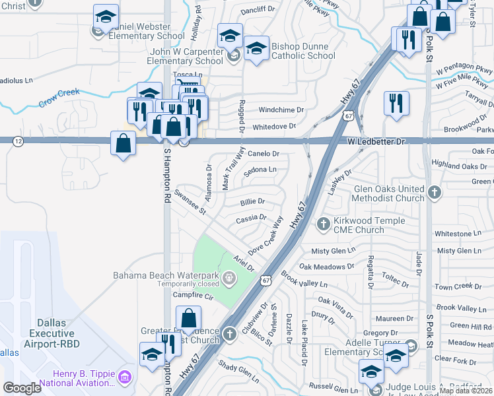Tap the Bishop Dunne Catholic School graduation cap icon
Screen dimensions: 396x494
(256, 48)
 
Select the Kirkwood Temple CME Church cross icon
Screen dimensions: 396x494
(324, 224)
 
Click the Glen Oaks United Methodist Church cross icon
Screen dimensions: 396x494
(434, 192)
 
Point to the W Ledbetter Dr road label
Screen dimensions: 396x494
(375, 141)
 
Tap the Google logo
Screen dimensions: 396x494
(22, 387)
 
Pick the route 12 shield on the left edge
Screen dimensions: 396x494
(18, 141)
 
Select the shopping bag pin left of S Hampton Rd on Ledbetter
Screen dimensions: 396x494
(123, 142)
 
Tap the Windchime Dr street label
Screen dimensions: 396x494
(281, 110)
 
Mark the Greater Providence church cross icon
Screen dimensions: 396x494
(230, 333)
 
